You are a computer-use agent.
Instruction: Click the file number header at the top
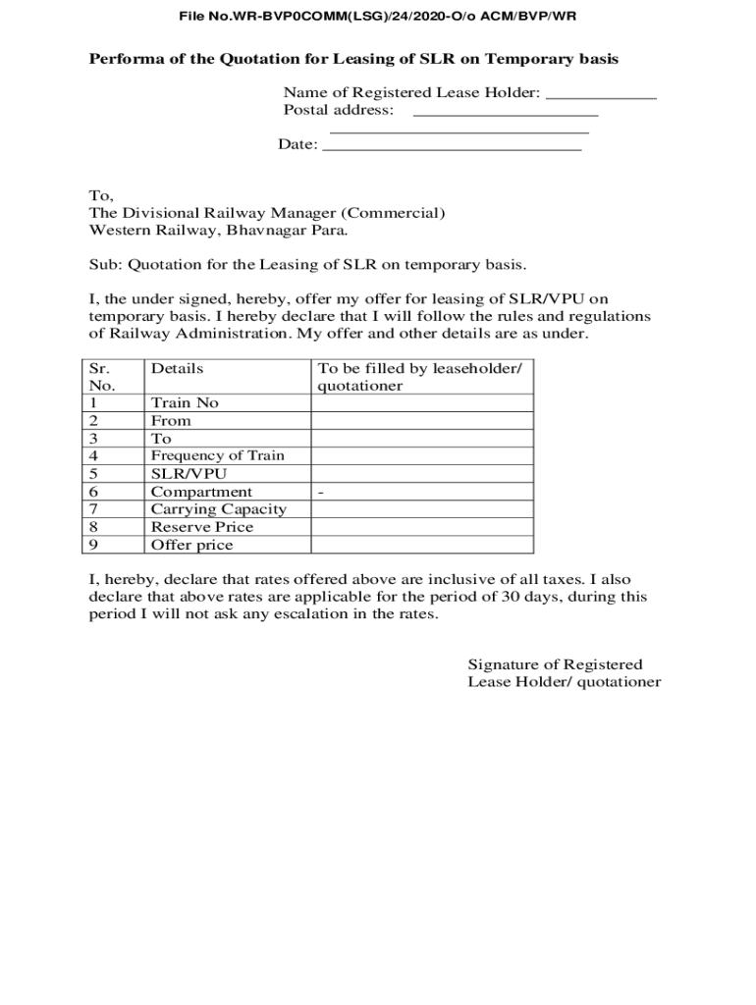(x=377, y=17)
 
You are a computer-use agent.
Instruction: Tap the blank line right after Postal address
(x=506, y=115)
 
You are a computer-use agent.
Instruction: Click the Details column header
(x=178, y=369)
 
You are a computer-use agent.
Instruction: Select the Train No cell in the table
(x=185, y=403)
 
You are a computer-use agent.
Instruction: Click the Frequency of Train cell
(x=217, y=456)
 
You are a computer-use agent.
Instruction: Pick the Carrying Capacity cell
(x=218, y=509)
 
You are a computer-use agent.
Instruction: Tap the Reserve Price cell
(x=202, y=527)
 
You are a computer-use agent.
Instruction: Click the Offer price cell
(x=191, y=545)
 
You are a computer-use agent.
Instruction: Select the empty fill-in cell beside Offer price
(x=422, y=545)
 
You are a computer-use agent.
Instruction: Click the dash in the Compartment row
(x=321, y=492)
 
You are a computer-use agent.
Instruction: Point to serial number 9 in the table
(x=94, y=545)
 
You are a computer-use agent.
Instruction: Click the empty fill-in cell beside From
(x=422, y=421)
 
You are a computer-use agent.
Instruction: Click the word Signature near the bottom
(x=503, y=664)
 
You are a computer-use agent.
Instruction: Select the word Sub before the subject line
(x=103, y=265)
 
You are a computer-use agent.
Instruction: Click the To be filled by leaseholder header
(x=419, y=369)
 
